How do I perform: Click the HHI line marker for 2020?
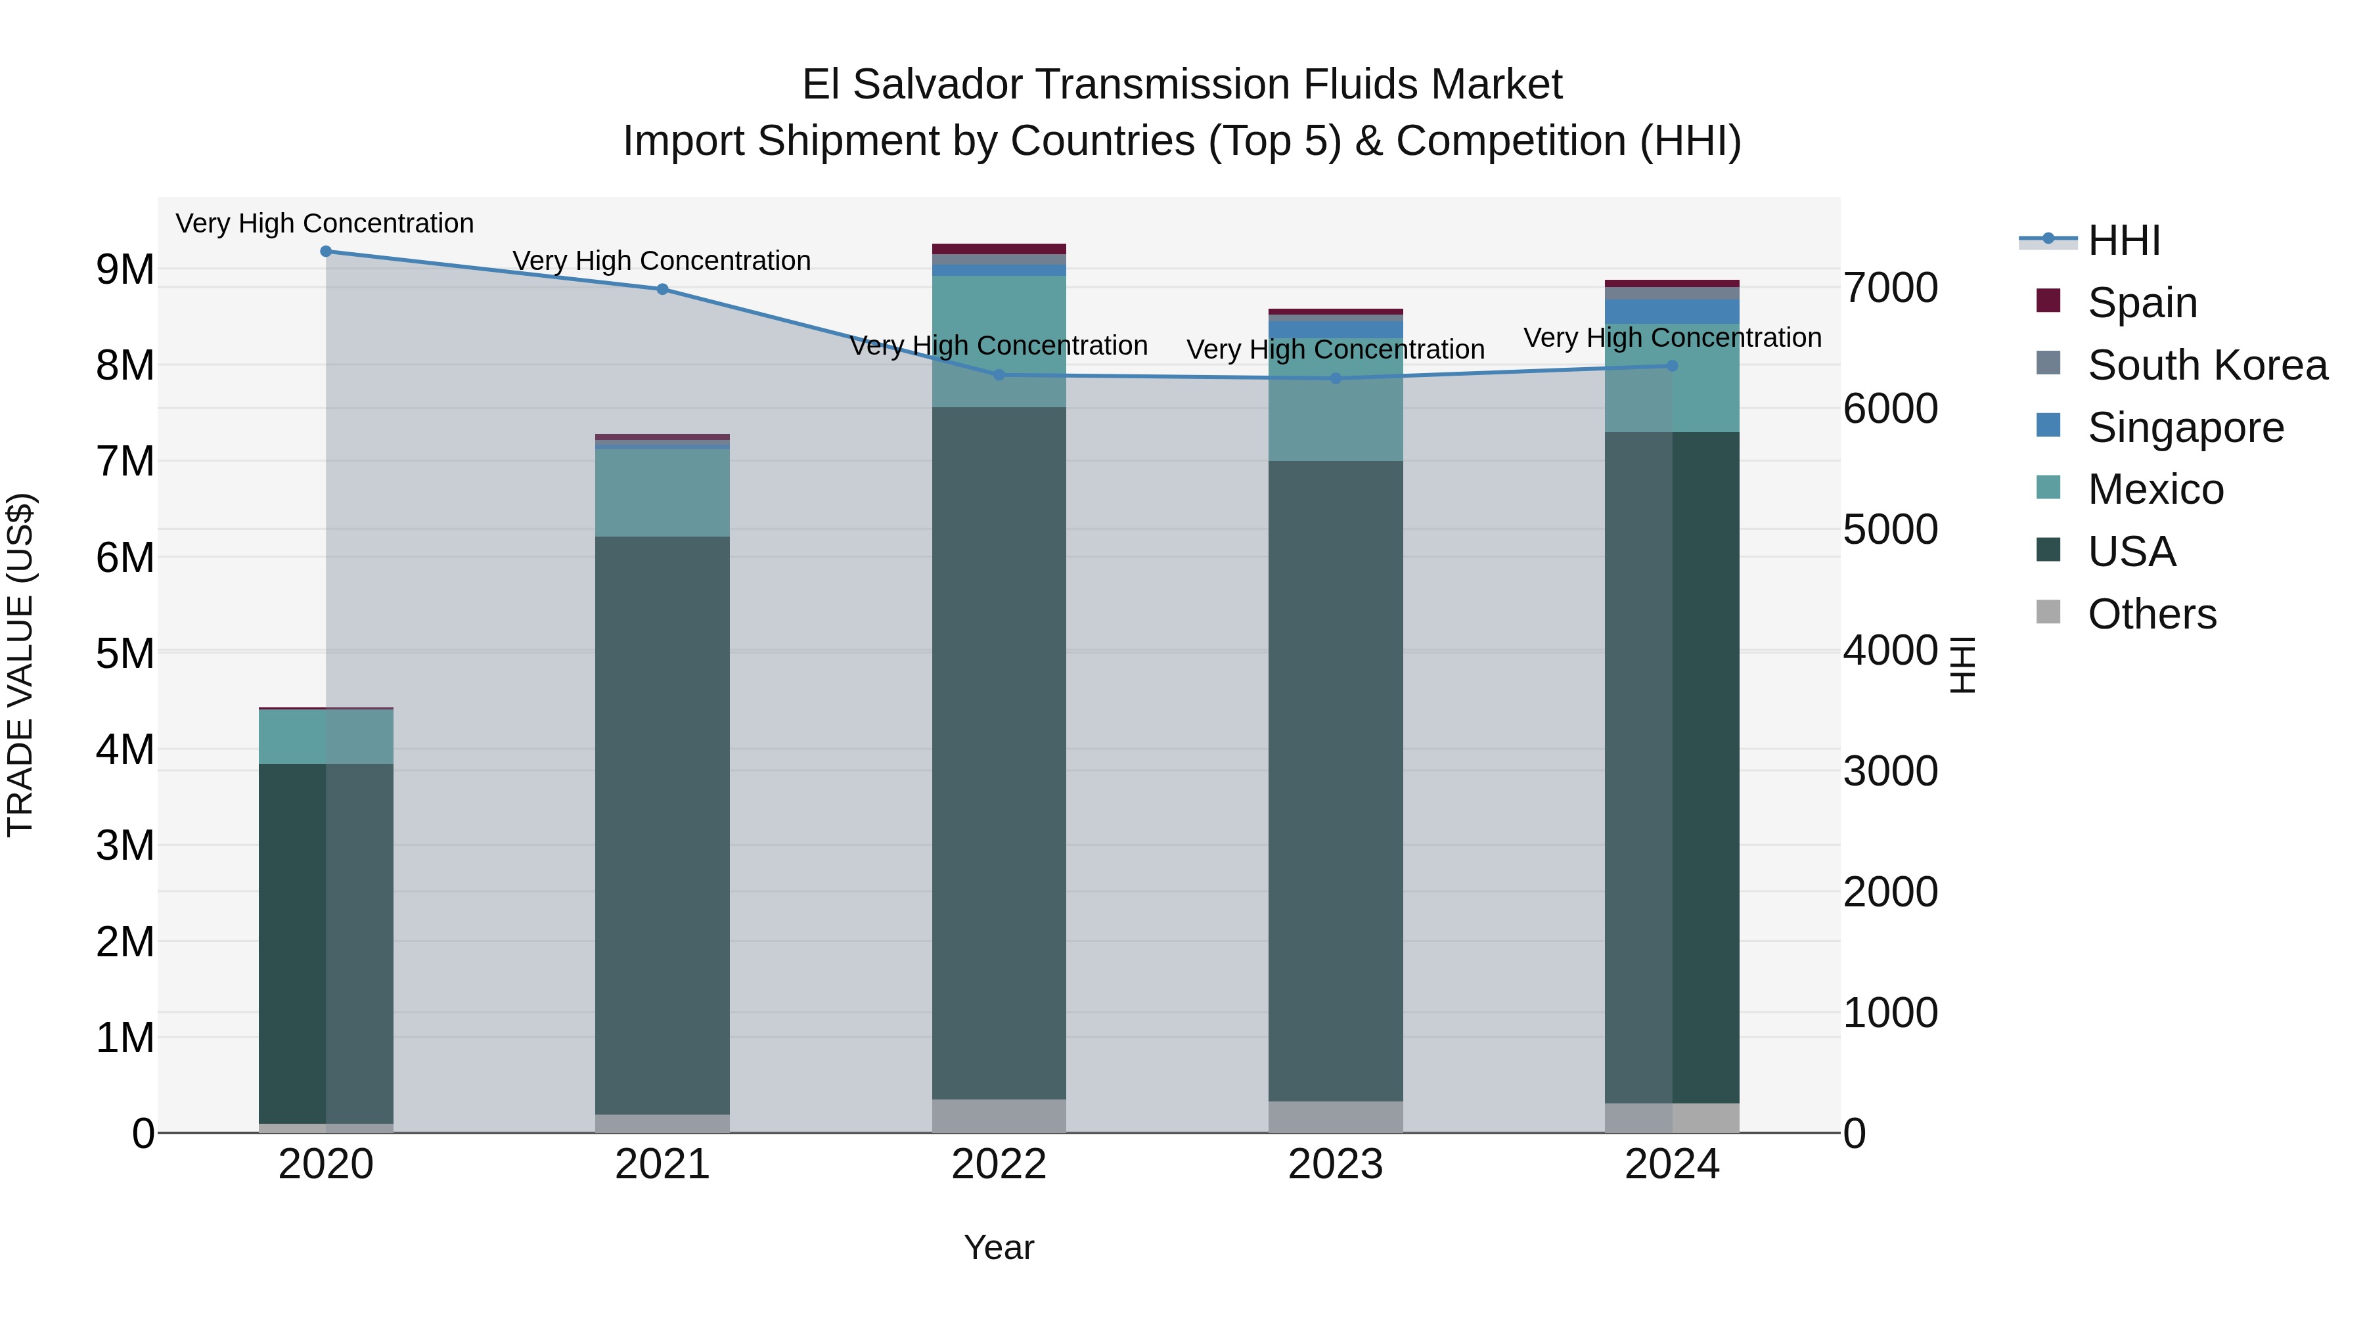click(x=326, y=252)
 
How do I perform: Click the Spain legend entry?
click(x=2141, y=303)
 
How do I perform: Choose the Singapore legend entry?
click(x=2185, y=428)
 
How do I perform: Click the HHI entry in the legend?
click(x=2123, y=240)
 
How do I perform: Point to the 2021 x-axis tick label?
click(x=662, y=1164)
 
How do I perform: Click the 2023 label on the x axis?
click(x=1335, y=1164)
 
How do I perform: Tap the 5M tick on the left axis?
click(x=125, y=654)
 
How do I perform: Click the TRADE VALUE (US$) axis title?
click(x=20, y=665)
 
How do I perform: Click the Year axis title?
click(x=999, y=1247)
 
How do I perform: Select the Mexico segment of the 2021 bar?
click(x=662, y=493)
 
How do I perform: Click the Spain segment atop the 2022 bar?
click(x=999, y=249)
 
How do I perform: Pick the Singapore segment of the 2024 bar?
click(x=1672, y=312)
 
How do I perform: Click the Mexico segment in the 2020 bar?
click(x=326, y=737)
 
